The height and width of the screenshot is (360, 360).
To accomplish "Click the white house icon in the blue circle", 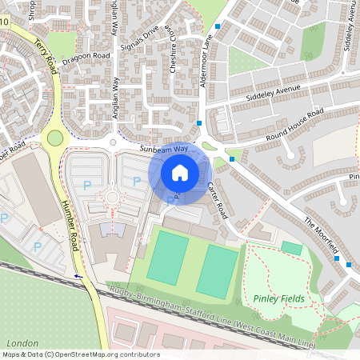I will coord(179,172).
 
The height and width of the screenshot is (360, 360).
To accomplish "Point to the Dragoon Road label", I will coord(86,57).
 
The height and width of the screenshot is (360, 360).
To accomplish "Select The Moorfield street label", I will coord(322,233).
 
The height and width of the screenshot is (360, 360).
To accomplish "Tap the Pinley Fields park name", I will coord(278,298).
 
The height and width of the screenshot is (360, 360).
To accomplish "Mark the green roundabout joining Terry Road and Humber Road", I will coord(54,138).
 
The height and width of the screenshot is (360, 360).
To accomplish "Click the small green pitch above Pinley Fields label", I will coord(292,249).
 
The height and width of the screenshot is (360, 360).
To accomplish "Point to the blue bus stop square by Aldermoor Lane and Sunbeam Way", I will coord(199,122).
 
